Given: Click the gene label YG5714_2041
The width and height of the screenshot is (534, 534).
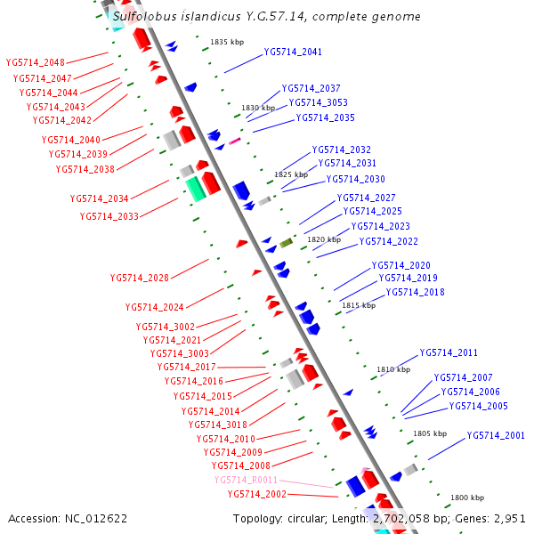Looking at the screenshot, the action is coord(293,52).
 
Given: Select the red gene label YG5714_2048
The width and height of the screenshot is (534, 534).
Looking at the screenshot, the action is coord(35,63).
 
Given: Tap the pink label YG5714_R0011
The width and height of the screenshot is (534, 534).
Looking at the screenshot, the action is coord(246,480).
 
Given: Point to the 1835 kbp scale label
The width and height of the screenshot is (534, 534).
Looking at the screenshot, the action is coord(227,42).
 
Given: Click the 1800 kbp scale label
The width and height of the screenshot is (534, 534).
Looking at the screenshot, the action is coord(467,498).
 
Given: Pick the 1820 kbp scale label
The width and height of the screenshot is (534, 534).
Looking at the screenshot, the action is coord(324,239).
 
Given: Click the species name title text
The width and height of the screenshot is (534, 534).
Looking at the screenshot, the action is coord(267,17).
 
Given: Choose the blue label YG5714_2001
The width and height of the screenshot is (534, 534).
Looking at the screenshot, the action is coord(496,435).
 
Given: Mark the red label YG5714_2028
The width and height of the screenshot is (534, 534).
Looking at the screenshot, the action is coord(140,278).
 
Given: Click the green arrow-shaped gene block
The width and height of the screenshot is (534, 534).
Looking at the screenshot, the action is coord(195,188).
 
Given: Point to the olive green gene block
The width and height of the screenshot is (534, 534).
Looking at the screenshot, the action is coord(286,243).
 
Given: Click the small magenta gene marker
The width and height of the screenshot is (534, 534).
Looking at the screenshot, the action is coord(235,141).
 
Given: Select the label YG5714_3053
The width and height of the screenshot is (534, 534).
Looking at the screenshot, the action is coord(318,102).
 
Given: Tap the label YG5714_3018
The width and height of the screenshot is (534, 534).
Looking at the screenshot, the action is coord(217,425).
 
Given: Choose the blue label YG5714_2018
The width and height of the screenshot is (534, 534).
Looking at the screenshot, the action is coord(415,292).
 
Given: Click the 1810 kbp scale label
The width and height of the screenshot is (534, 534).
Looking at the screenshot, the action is coord(393,369).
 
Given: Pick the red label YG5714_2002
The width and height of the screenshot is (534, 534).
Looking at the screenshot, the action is coord(256,494).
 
